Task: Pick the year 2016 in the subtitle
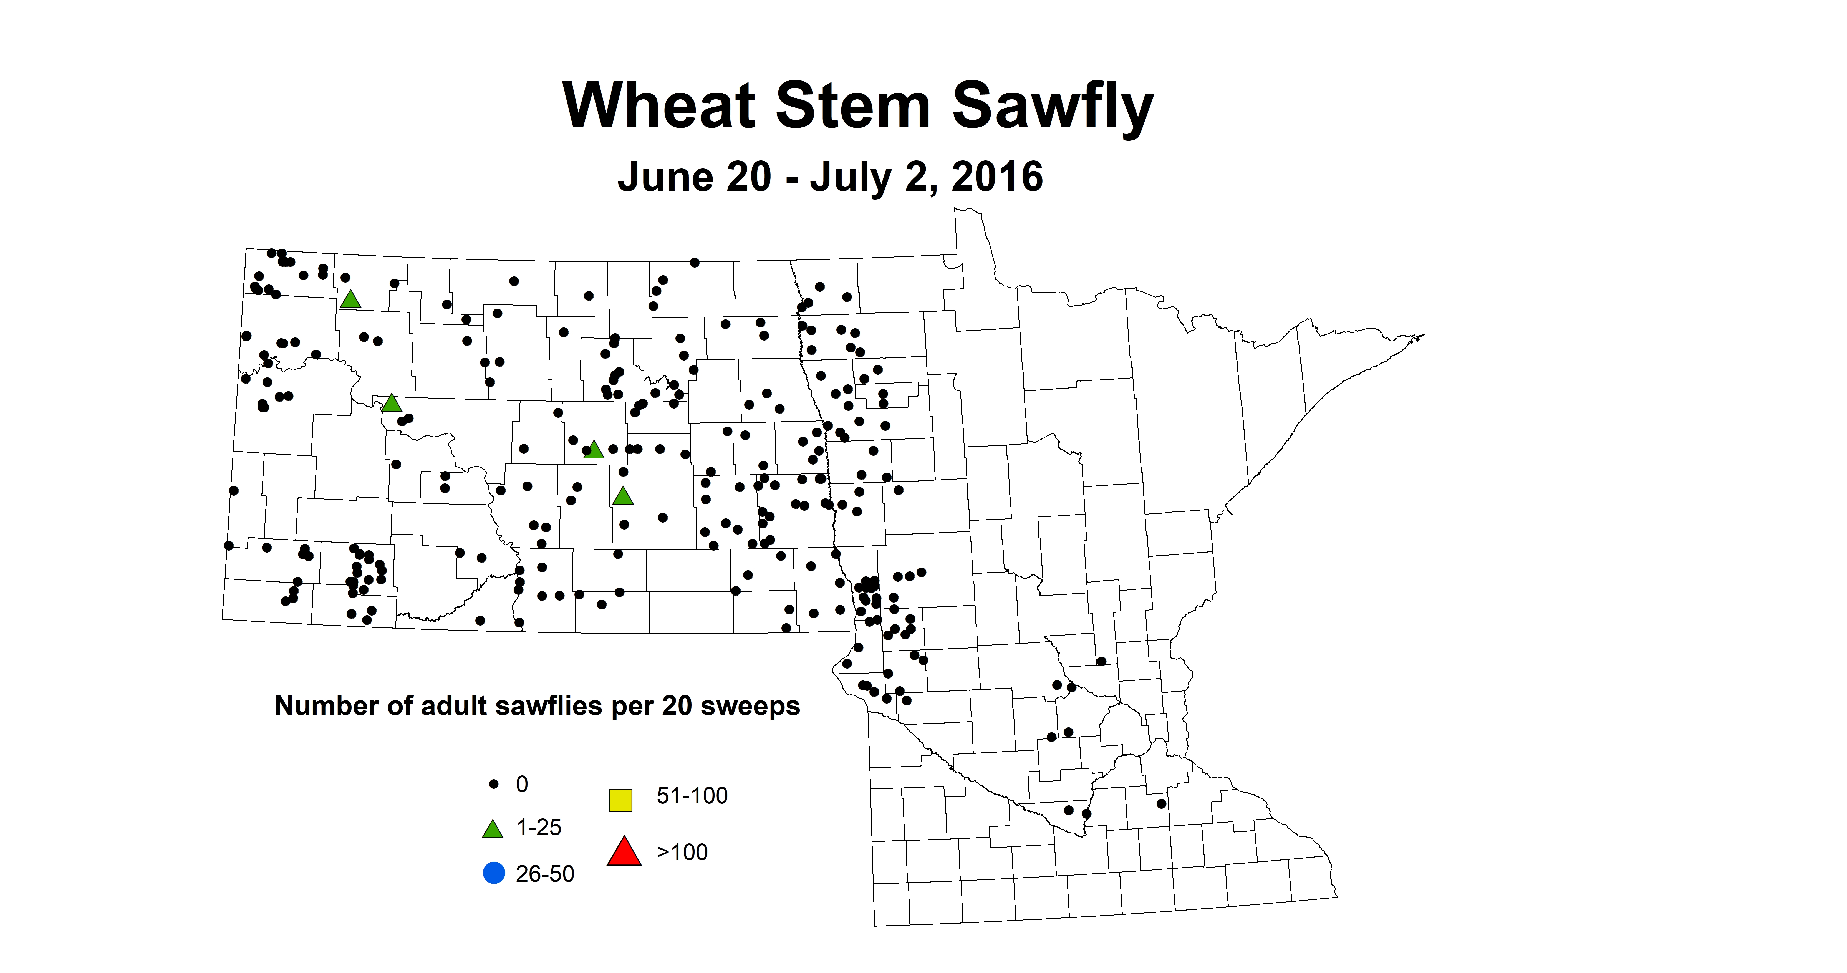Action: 997,177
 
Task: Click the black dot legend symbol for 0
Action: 493,785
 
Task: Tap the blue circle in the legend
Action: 494,873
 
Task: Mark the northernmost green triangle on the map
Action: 350,299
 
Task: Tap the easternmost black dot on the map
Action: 1162,804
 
